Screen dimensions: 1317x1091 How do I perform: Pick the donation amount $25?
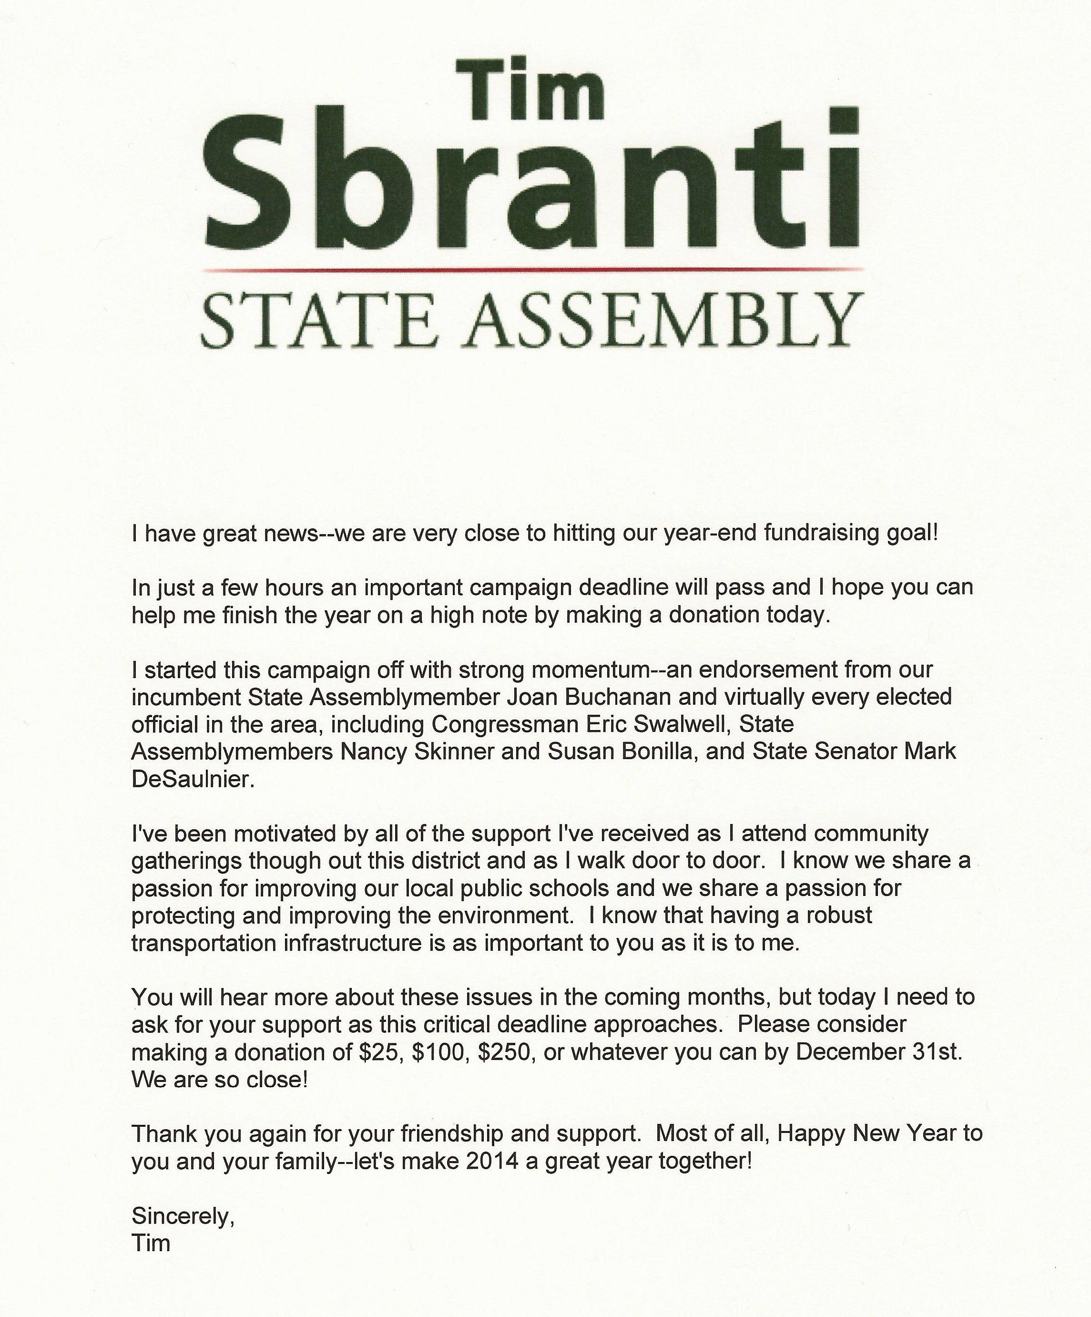(x=379, y=1052)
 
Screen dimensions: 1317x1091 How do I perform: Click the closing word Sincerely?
(x=183, y=1217)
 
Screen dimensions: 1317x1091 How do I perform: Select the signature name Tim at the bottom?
(x=151, y=1243)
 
